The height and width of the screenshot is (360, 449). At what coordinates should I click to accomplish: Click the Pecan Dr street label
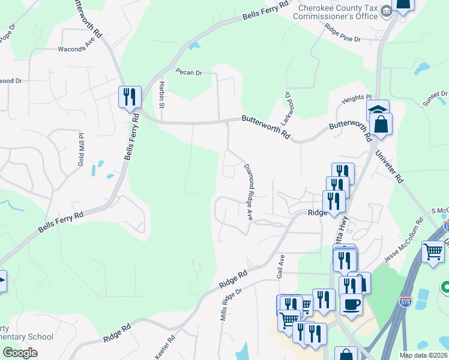point(188,72)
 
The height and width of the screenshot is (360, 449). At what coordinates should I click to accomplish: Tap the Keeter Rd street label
point(166,347)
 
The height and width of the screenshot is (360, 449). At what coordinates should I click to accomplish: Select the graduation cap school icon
point(378,109)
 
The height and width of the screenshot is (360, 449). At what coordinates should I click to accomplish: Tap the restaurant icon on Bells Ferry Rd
point(130,96)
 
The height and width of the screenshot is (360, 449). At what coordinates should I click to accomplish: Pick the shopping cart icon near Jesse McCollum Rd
point(433,251)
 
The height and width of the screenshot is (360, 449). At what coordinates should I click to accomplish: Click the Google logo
point(20,353)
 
